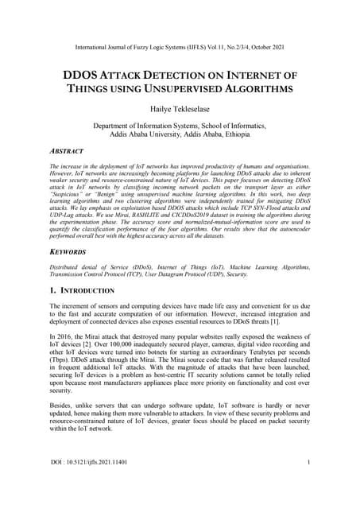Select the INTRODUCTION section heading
[x=87, y=292]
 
